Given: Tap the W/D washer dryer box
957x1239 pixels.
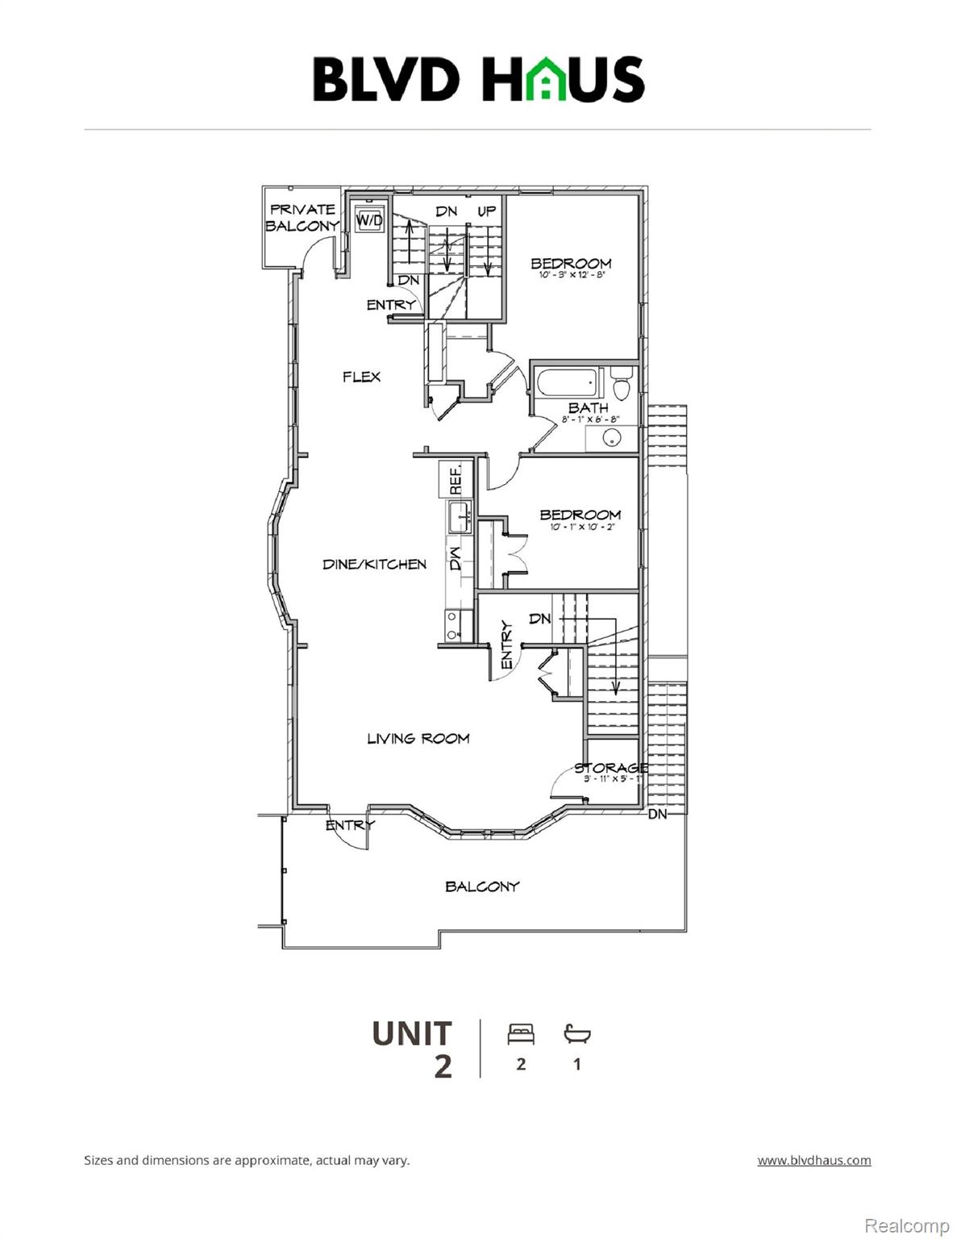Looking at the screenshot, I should click(369, 219).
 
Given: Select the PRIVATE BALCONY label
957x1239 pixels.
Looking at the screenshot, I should click(302, 218).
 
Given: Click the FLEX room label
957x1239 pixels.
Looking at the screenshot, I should click(361, 377).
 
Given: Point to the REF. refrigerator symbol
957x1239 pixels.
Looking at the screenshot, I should click(454, 479).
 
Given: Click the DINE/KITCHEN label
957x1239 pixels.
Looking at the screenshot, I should click(374, 565).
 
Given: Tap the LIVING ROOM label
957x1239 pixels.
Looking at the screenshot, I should click(418, 738).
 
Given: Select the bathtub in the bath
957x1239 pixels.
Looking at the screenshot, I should click(567, 382).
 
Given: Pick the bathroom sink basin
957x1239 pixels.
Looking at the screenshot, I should click(612, 438).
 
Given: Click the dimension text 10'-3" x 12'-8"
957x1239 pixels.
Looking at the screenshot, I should click(572, 275).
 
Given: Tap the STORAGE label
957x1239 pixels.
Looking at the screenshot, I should click(610, 767).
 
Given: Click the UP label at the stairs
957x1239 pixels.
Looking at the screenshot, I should click(487, 211).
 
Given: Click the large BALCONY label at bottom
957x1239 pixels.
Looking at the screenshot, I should click(482, 886).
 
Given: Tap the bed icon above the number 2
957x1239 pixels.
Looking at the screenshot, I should click(521, 1033).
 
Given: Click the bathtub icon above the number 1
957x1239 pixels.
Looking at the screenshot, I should click(576, 1033).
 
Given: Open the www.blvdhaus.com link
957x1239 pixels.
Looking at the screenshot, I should click(813, 1161).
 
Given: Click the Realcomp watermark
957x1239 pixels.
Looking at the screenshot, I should click(906, 1225).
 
